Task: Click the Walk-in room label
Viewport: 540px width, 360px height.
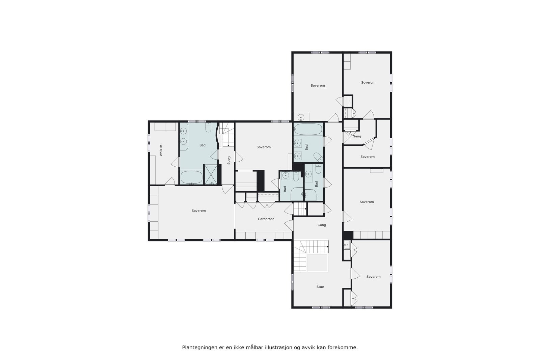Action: (x=161, y=150)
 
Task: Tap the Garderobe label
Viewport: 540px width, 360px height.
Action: (x=266, y=219)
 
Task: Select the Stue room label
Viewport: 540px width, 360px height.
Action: (x=320, y=287)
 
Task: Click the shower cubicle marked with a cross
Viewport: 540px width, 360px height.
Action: (x=211, y=174)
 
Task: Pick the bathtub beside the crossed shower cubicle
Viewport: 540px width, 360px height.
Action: (x=191, y=177)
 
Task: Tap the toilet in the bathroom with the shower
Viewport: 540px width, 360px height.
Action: (x=208, y=128)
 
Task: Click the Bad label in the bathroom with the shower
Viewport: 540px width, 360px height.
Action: (x=202, y=145)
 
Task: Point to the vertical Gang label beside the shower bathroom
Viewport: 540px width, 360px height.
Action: (x=228, y=160)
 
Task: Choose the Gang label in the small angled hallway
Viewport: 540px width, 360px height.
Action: (x=357, y=136)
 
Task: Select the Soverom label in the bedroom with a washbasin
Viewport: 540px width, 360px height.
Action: (x=318, y=86)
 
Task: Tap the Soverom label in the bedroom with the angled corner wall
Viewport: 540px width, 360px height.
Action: (x=368, y=157)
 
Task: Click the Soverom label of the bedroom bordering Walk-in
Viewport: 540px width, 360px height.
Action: (x=198, y=211)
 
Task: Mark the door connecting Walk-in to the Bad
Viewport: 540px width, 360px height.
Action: (x=175, y=162)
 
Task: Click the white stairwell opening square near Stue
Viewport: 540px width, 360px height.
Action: (x=317, y=263)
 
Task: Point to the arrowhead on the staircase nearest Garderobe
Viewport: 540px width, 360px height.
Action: (x=305, y=209)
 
